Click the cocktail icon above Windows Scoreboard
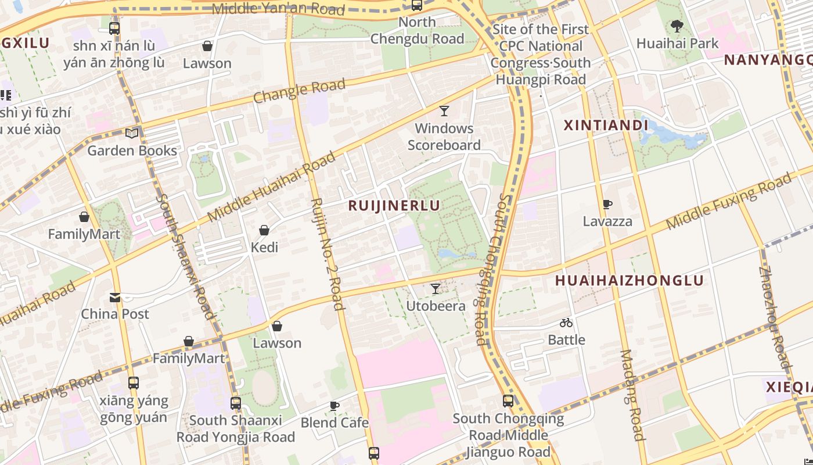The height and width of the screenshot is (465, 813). pyautogui.click(x=444, y=111)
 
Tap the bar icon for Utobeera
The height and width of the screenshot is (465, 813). pyautogui.click(x=435, y=288)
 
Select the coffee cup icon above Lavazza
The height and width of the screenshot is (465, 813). pyautogui.click(x=607, y=204)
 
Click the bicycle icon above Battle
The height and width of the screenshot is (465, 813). pyautogui.click(x=566, y=323)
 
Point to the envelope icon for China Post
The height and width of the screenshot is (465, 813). pyautogui.click(x=115, y=298)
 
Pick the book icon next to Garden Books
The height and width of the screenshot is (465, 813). pyautogui.click(x=132, y=134)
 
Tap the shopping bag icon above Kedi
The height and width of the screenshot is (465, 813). pyautogui.click(x=264, y=230)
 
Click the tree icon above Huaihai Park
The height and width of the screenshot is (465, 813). pyautogui.click(x=677, y=26)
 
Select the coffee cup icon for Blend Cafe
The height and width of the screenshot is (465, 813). pyautogui.click(x=334, y=405)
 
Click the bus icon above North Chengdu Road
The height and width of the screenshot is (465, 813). pyautogui.click(x=416, y=5)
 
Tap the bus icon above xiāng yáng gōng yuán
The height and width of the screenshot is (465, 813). pyautogui.click(x=134, y=383)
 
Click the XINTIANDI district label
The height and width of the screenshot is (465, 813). pyautogui.click(x=606, y=125)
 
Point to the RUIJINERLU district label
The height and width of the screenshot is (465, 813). pyautogui.click(x=394, y=205)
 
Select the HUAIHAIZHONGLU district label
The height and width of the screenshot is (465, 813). pyautogui.click(x=629, y=280)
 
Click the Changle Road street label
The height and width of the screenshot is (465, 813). pyautogui.click(x=299, y=91)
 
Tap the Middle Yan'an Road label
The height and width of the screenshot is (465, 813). pyautogui.click(x=278, y=9)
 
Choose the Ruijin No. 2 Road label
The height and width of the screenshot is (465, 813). pyautogui.click(x=328, y=254)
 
